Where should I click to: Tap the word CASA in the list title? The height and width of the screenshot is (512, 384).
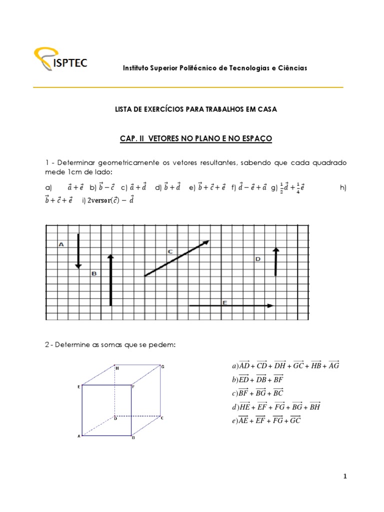(266, 108)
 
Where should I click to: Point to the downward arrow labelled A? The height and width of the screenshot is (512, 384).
(78, 250)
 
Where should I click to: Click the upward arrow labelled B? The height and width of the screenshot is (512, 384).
(110, 279)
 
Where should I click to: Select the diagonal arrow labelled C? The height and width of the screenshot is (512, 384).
(176, 258)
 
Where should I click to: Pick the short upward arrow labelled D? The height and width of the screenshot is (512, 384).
(275, 261)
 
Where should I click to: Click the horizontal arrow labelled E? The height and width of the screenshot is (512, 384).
(231, 305)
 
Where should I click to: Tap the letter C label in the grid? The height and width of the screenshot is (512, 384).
(170, 251)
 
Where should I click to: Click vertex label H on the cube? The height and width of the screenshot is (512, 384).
(117, 368)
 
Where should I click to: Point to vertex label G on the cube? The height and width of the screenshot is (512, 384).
(163, 366)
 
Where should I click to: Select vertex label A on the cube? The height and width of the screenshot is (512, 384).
(78, 436)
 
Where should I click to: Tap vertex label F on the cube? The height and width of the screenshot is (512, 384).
(133, 386)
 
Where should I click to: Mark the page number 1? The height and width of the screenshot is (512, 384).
(344, 476)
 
